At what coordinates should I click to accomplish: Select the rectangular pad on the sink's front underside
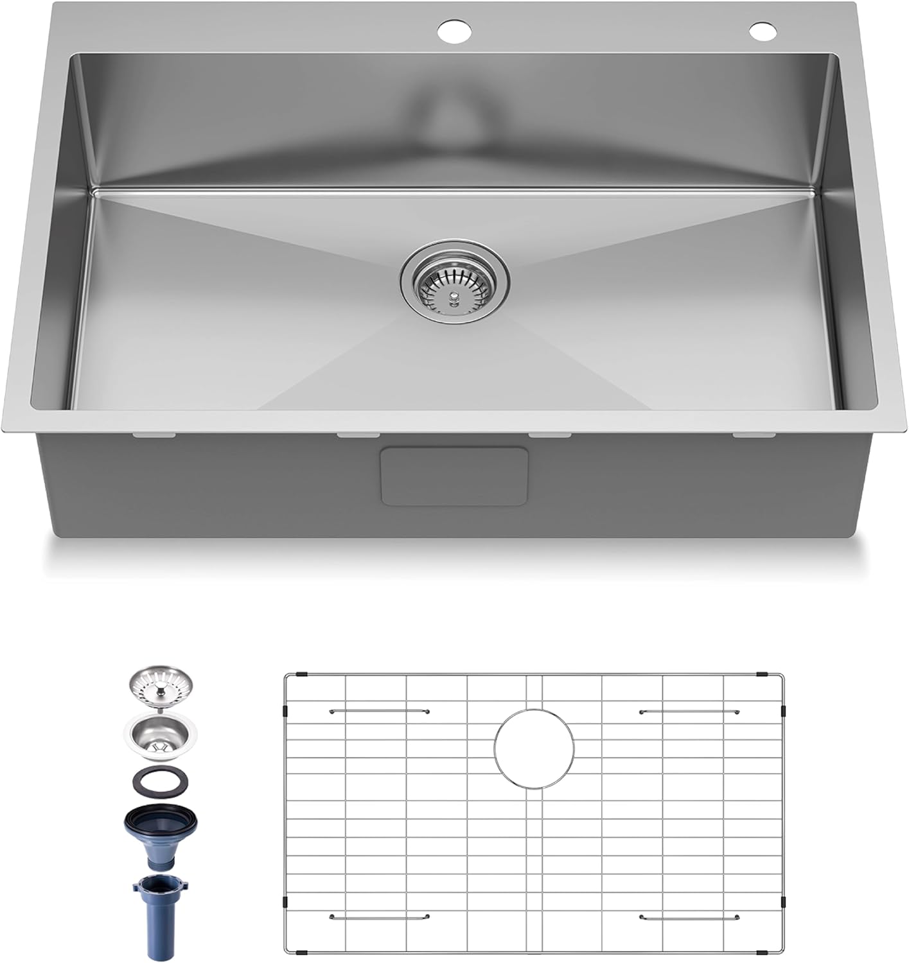(x=455, y=476)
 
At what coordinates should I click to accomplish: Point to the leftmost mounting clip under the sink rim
(x=154, y=436)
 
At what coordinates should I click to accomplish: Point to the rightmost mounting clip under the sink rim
(x=753, y=436)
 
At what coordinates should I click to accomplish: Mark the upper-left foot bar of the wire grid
(x=379, y=711)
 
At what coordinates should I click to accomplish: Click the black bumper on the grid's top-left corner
(x=304, y=675)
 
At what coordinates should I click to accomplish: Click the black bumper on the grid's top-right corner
(x=763, y=675)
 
